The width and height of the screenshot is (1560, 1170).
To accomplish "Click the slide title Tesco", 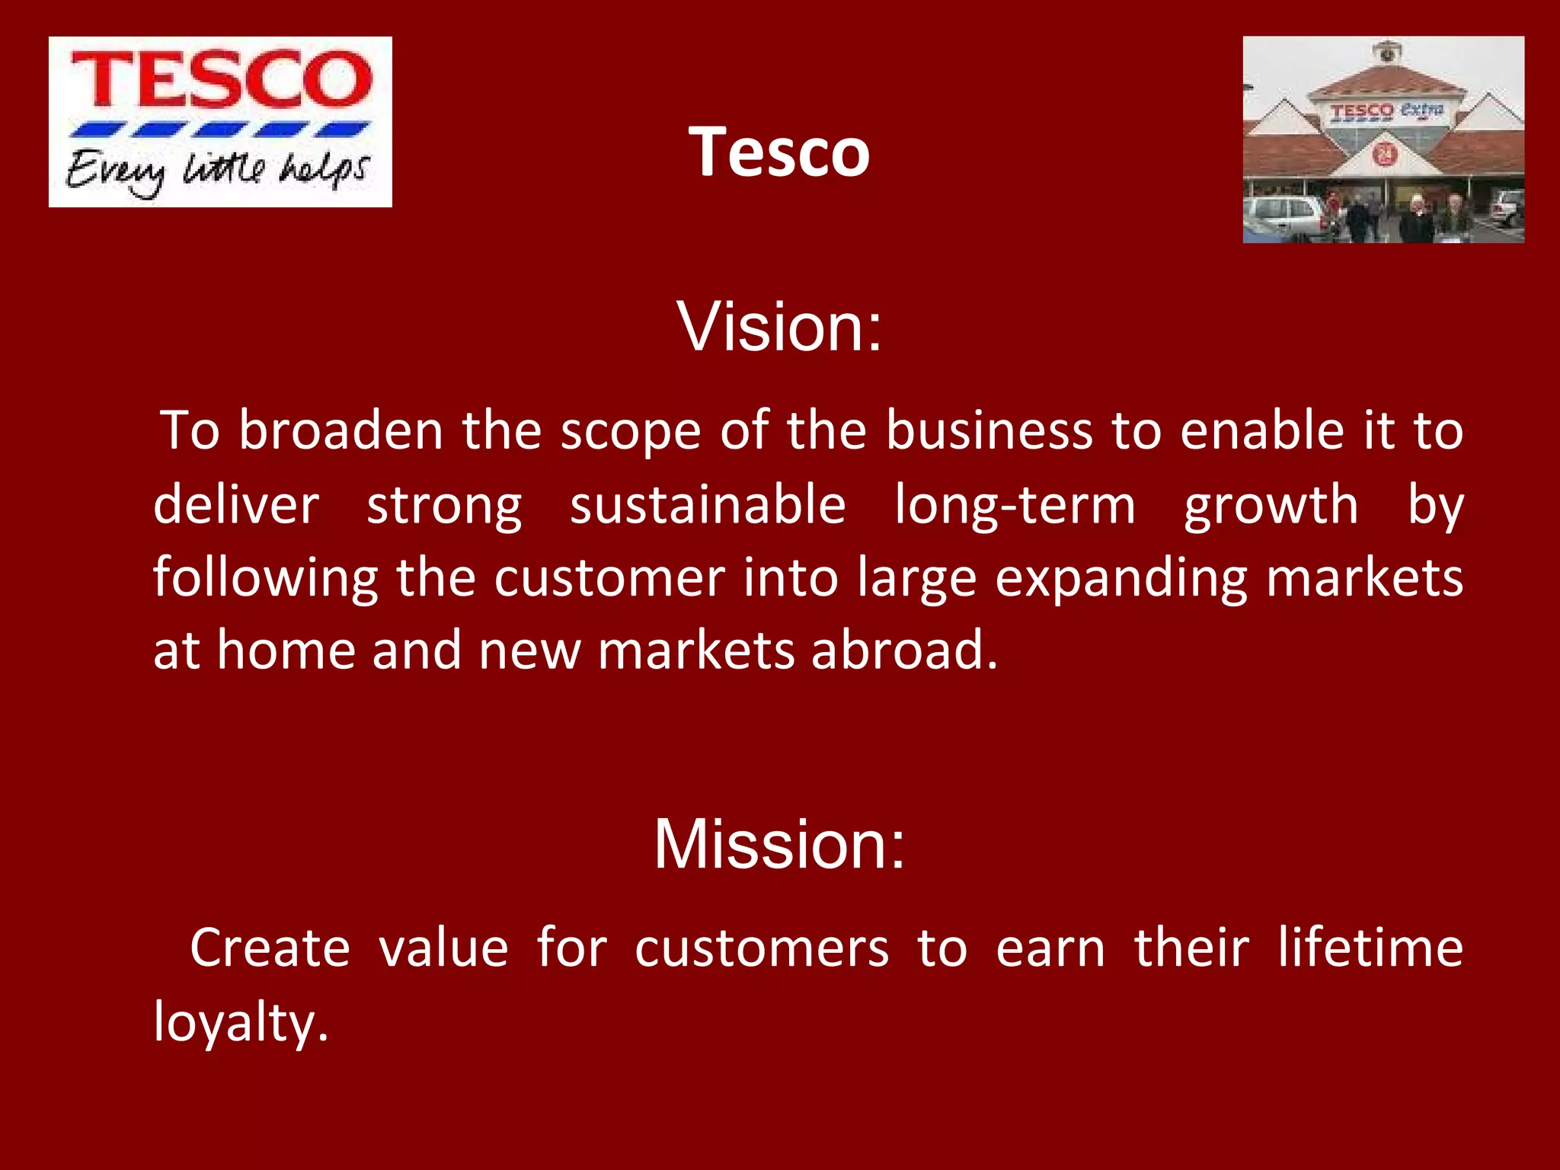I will click(x=779, y=152).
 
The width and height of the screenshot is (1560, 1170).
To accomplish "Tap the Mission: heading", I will click(x=779, y=844).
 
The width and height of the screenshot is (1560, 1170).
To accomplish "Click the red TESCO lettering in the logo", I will click(x=221, y=79).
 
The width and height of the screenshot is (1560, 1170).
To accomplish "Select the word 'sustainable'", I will click(x=708, y=506).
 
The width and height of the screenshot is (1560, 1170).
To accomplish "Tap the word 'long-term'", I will click(x=1015, y=506).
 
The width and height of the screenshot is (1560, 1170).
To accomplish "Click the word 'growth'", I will click(x=1271, y=506).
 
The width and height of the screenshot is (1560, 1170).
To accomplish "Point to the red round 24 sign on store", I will click(x=1384, y=155).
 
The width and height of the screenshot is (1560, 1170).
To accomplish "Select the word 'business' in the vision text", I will click(x=989, y=431).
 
